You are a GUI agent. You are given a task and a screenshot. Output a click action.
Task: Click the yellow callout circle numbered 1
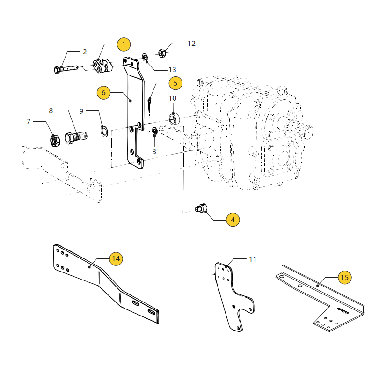tap(124, 44)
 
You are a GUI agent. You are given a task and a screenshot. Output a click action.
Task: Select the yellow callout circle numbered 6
tap(104, 92)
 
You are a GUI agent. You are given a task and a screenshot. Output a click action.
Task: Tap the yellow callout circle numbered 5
tap(175, 83)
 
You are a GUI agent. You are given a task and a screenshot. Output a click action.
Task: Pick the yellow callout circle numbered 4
tap(233, 219)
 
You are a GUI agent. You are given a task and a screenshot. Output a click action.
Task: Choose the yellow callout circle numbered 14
tap(116, 258)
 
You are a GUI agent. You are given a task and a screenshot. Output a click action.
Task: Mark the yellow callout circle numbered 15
tap(344, 278)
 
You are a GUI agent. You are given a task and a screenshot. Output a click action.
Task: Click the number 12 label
tap(191, 44)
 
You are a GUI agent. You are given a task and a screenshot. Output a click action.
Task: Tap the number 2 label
tap(85, 52)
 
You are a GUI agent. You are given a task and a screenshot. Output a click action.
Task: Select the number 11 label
tap(253, 259)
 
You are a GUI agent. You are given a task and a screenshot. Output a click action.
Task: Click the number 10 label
tap(173, 98)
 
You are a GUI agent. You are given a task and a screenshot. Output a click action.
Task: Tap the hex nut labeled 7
tap(54, 139)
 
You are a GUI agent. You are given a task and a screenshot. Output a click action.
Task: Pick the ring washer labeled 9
tap(105, 132)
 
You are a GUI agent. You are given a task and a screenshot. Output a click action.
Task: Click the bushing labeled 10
tap(173, 118)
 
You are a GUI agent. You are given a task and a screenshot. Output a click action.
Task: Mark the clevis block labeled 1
tap(102, 66)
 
